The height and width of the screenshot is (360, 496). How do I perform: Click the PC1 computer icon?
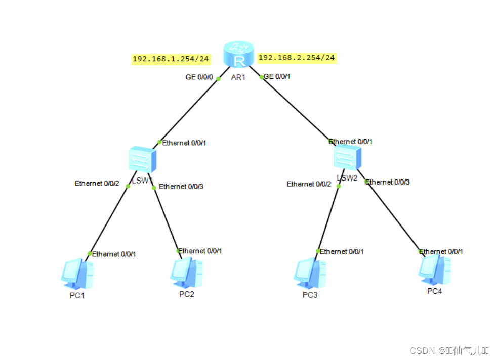[76, 274]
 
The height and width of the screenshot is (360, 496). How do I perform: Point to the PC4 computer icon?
[434, 268]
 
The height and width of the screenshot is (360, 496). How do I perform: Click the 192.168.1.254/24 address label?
[171, 59]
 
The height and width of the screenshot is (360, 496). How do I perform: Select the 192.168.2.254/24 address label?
[297, 58]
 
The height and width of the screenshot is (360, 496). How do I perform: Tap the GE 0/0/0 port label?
[199, 77]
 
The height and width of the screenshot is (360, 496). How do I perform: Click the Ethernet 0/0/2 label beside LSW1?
[97, 183]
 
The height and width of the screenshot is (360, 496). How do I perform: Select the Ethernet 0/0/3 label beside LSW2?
[388, 182]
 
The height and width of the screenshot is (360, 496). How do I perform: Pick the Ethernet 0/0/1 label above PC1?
[114, 254]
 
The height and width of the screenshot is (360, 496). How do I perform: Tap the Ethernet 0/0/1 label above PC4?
[442, 251]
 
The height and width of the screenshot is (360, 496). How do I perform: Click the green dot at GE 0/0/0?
[218, 79]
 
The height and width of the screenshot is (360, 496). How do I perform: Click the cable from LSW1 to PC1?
[109, 219]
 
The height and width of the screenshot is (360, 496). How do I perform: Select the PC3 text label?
[310, 295]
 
